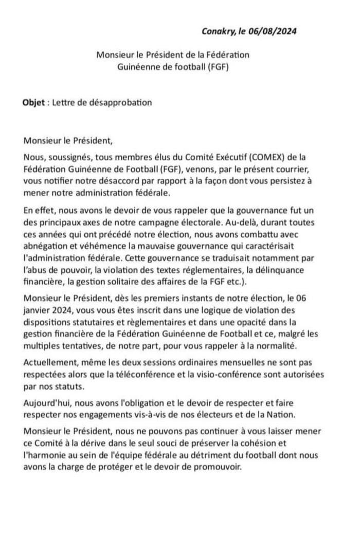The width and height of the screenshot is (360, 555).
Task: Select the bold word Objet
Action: (33, 102)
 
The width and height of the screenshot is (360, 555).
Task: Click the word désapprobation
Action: (122, 102)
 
